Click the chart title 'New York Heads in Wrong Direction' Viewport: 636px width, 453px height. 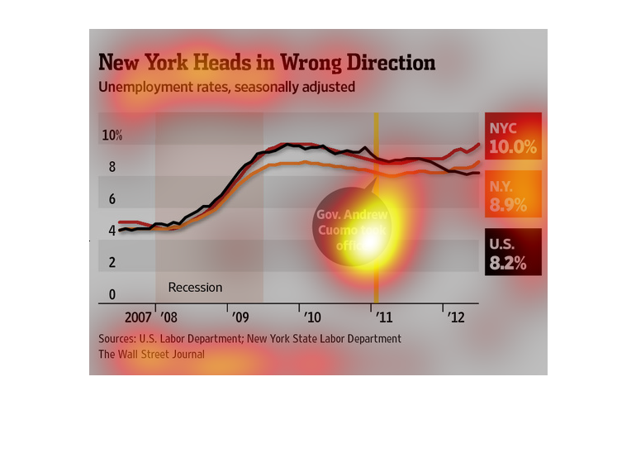[x=267, y=63]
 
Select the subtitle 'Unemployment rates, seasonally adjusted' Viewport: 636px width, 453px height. [x=227, y=86]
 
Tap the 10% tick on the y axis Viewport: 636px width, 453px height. [x=112, y=136]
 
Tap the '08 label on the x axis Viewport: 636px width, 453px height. [x=168, y=317]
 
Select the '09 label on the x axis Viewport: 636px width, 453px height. [x=240, y=317]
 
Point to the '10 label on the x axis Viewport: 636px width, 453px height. [x=312, y=317]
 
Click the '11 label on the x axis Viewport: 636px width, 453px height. [x=384, y=317]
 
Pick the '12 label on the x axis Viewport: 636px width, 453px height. [x=455, y=317]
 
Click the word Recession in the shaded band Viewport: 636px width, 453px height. [x=196, y=288]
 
